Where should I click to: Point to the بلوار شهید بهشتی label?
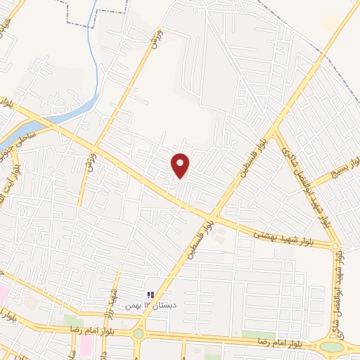[x=284, y=236]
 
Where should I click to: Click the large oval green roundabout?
[x=331, y=346]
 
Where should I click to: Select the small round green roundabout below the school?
[x=139, y=333]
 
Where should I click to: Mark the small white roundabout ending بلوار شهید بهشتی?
[x=335, y=245]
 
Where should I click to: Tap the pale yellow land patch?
[x=329, y=23]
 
